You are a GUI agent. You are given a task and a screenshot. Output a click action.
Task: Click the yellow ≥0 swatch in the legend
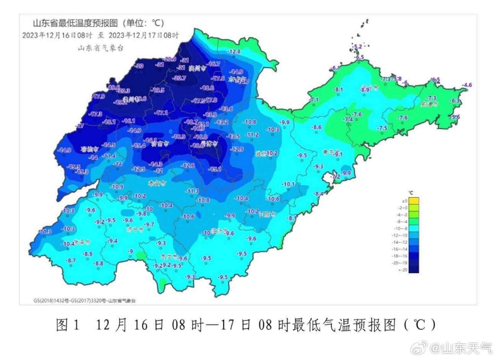pyautogui.click(x=414, y=201)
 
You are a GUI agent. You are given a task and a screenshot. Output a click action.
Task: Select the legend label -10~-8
pyautogui.click(x=402, y=228)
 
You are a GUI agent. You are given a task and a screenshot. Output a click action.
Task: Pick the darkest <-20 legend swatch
pyautogui.click(x=414, y=270)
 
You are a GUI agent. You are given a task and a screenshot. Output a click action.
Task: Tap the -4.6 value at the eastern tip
pyautogui.click(x=467, y=85)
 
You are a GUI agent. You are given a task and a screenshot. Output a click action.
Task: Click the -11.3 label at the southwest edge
pyautogui.click(x=45, y=231)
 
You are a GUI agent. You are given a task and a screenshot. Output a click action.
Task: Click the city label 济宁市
pyautogui.click(x=135, y=230)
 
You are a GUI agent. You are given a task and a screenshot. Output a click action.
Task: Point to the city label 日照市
pyautogui.click(x=267, y=215)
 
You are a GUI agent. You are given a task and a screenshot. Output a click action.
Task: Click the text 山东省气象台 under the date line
pyautogui.click(x=101, y=48)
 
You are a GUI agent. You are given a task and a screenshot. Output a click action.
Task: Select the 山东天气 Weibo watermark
pyautogui.click(x=461, y=348)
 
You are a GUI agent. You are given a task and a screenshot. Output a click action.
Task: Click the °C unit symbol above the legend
pyautogui.click(x=411, y=192)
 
